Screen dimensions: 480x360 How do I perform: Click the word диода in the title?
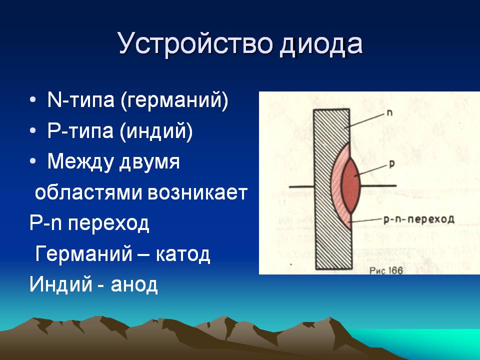(321, 44)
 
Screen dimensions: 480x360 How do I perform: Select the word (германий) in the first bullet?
(174, 100)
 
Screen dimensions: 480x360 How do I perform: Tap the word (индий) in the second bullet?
(156, 131)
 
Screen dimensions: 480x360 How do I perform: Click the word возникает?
(198, 193)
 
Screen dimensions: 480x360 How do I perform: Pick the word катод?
(183, 254)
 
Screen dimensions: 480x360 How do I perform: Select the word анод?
(134, 284)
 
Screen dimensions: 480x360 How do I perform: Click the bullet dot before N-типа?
(33, 100)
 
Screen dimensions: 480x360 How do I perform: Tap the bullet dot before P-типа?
(33, 130)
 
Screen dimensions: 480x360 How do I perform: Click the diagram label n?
(389, 113)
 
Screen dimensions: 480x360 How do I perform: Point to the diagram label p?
(392, 164)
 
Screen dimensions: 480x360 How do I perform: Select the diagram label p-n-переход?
(419, 219)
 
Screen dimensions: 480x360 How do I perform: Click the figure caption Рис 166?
(386, 270)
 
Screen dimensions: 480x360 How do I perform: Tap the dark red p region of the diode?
(350, 185)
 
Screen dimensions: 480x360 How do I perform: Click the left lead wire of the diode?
(301, 186)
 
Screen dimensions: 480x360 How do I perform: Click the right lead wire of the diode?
(378, 185)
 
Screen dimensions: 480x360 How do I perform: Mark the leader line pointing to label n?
(364, 120)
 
